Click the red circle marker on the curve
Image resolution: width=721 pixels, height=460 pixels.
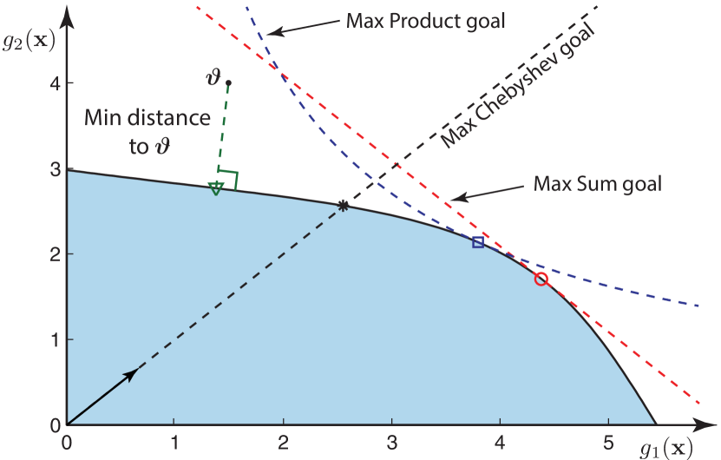coord(541,279)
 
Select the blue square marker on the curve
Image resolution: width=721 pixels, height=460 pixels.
coord(478,242)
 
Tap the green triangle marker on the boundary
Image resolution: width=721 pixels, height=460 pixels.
coord(216,187)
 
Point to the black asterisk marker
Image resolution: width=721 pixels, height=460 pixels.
coord(344,206)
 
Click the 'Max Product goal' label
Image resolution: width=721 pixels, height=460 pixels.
coord(425,21)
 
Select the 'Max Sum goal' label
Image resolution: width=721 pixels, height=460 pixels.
coord(598,184)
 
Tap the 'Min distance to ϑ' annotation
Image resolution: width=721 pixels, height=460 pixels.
coord(147,132)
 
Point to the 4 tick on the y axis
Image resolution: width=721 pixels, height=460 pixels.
coord(54,84)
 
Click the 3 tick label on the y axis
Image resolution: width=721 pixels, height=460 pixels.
coord(54,168)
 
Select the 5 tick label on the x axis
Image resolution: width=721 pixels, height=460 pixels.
coord(610,441)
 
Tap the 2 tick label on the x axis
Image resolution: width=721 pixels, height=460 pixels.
coord(284,441)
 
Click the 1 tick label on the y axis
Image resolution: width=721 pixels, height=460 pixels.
coord(54,339)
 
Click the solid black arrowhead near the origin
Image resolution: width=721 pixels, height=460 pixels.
coord(131,373)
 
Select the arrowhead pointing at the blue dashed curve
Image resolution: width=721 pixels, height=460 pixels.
coord(270,32)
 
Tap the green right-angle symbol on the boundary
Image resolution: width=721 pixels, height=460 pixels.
coord(229,179)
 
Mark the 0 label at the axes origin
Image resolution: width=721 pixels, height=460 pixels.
coord(66,441)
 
